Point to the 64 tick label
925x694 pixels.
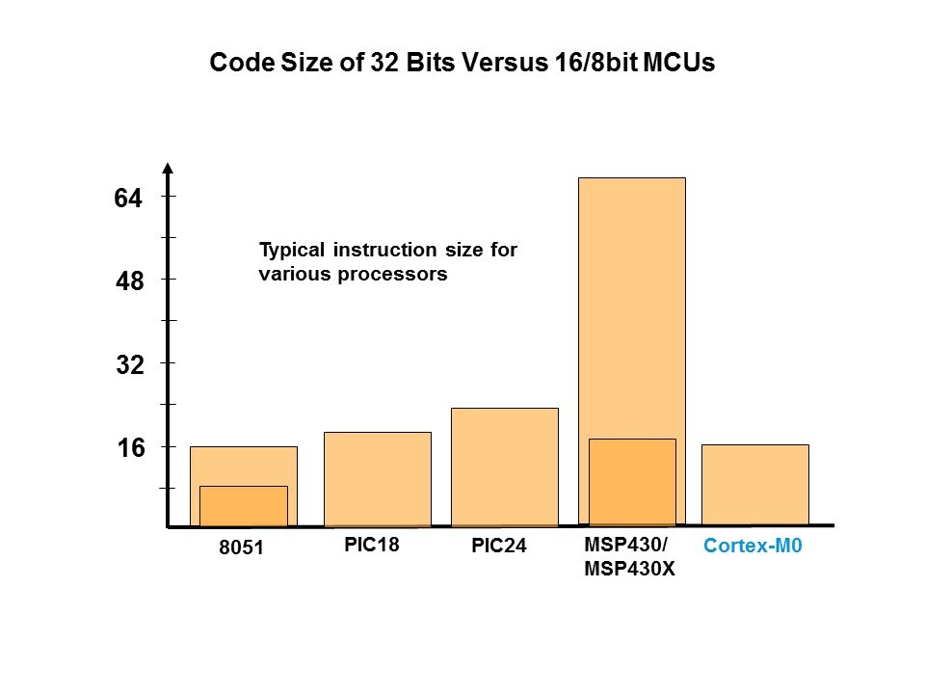(128, 199)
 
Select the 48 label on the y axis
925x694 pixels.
(128, 282)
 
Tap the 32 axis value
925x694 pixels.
(128, 365)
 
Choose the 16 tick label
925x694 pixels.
(128, 448)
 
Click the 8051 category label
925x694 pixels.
(242, 548)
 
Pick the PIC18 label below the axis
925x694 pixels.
(371, 545)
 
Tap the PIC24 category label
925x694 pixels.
(499, 547)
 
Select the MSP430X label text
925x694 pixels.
(629, 568)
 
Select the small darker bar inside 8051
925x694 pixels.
(243, 506)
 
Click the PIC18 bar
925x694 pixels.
(377, 479)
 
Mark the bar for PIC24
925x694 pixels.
(504, 467)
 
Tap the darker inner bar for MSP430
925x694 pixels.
(631, 482)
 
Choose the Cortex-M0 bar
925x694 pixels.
(754, 485)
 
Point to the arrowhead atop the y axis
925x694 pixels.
(169, 169)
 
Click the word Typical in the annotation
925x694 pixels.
(292, 251)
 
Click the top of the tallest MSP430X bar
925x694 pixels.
(631, 180)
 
